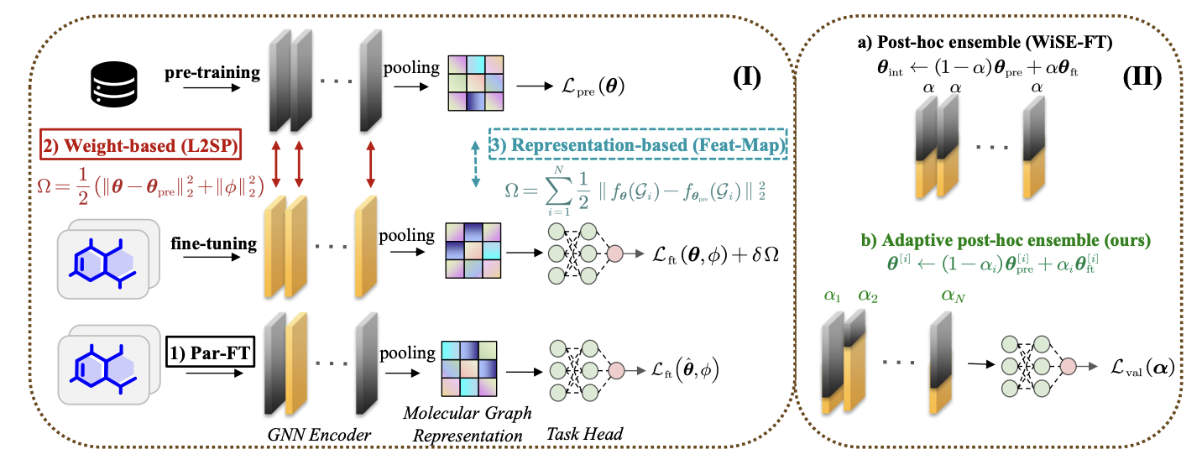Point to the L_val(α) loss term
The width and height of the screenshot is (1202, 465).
point(1142,366)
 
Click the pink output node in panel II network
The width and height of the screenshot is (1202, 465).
point(1068,367)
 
